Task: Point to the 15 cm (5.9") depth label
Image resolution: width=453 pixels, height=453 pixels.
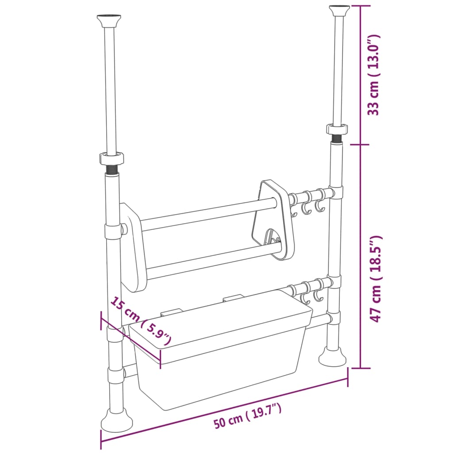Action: click(140, 321)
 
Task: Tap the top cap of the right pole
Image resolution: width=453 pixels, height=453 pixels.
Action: click(339, 9)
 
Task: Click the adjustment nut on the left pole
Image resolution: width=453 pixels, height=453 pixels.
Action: click(111, 157)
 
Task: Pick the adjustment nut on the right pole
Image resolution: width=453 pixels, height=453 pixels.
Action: click(338, 129)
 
